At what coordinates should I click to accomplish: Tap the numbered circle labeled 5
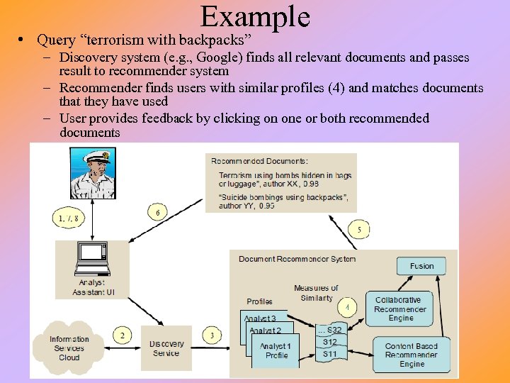pos(359,229)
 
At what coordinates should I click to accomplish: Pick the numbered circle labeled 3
pos(211,335)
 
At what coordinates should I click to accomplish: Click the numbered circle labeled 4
pos(347,307)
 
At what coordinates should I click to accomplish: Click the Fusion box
pos(421,266)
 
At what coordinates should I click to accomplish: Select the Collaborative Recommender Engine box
pos(399,309)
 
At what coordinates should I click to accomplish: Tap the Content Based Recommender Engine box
pos(411,355)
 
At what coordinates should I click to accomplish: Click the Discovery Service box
pos(166,348)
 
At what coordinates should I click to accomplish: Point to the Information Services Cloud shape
pos(69,348)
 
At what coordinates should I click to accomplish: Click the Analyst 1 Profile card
pos(276,351)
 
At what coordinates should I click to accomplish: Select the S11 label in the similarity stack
pos(330,354)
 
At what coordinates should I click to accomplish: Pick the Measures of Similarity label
pos(316,293)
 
